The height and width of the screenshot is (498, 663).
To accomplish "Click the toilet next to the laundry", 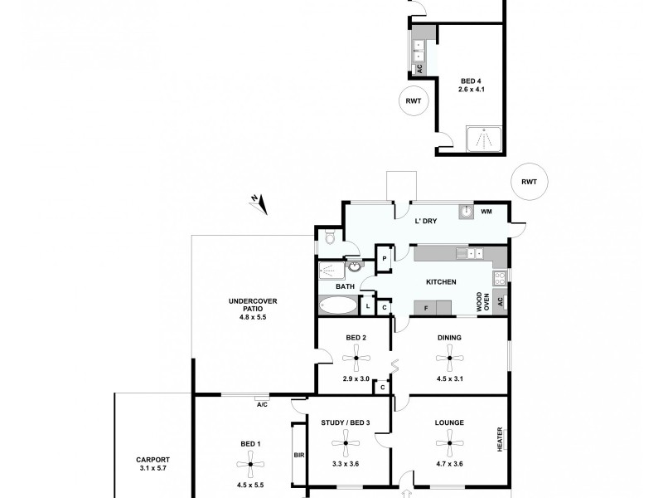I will pyautogui.click(x=331, y=239).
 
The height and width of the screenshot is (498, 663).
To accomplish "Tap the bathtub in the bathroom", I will pyautogui.click(x=337, y=305).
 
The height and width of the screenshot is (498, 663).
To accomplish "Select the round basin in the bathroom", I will pyautogui.click(x=354, y=268).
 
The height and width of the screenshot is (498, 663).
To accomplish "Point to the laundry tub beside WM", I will pyautogui.click(x=467, y=212).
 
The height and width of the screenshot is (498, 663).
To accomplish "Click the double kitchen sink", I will pyautogui.click(x=475, y=253).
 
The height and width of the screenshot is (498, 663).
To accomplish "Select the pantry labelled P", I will pyautogui.click(x=385, y=259).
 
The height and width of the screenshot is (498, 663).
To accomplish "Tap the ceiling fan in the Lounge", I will pyautogui.click(x=449, y=443).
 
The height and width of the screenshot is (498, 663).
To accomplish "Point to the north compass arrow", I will pyautogui.click(x=259, y=200).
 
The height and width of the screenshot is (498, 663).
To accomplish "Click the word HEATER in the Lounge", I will pyautogui.click(x=500, y=438).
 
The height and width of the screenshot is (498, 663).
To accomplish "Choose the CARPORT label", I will pyautogui.click(x=153, y=460).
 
